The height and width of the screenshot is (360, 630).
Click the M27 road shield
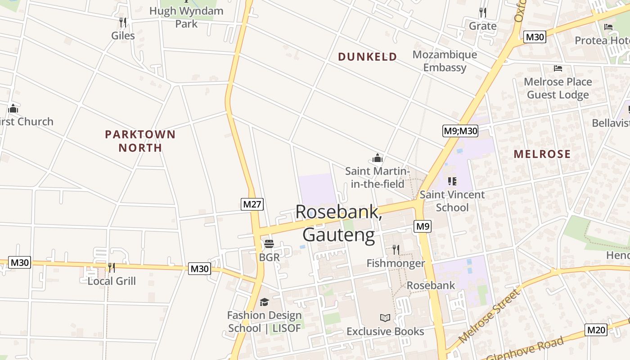tap(252, 204)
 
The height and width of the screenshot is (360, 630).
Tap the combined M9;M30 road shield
tap(460, 131)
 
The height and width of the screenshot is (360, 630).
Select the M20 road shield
tap(596, 330)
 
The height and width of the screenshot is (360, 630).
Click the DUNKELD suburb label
tap(368, 57)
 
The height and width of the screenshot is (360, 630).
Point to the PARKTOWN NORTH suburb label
tap(140, 141)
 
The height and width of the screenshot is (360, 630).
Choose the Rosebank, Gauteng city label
tap(339, 224)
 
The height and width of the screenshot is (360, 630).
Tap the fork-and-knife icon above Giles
tap(123, 22)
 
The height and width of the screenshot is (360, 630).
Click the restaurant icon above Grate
tap(483, 12)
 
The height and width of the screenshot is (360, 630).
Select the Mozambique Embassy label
tap(445, 61)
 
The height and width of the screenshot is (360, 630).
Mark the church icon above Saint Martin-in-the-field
tap(378, 158)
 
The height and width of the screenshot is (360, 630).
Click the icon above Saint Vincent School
tap(452, 181)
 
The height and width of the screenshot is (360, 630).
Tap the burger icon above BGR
tap(269, 244)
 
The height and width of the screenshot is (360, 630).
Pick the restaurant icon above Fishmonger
tap(396, 249)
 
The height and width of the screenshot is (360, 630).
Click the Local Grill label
tap(112, 281)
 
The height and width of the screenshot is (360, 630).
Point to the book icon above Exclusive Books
tap(385, 318)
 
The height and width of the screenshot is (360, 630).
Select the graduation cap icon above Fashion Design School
tap(264, 302)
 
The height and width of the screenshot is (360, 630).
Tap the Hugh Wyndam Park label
tap(186, 17)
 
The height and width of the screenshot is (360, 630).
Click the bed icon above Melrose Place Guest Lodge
tap(558, 68)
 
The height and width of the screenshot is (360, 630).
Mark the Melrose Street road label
tap(489, 316)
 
